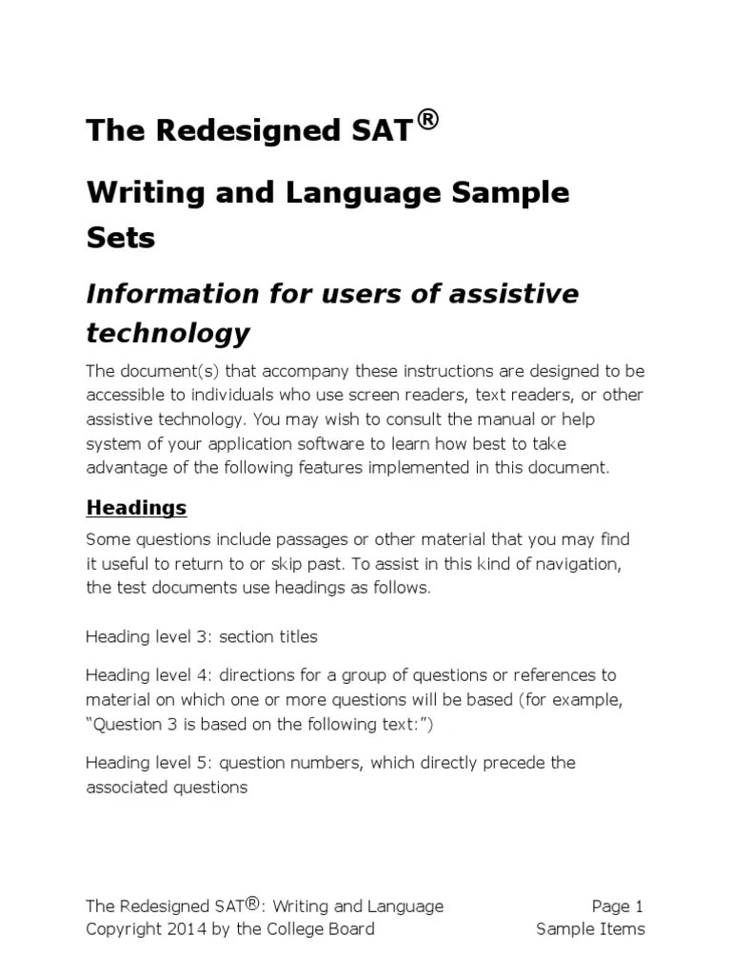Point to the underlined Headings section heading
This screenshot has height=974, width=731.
[136, 508]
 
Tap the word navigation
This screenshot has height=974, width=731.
[575, 564]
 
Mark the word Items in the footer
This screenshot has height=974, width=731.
[620, 929]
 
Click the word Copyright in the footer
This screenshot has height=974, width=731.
[119, 929]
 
